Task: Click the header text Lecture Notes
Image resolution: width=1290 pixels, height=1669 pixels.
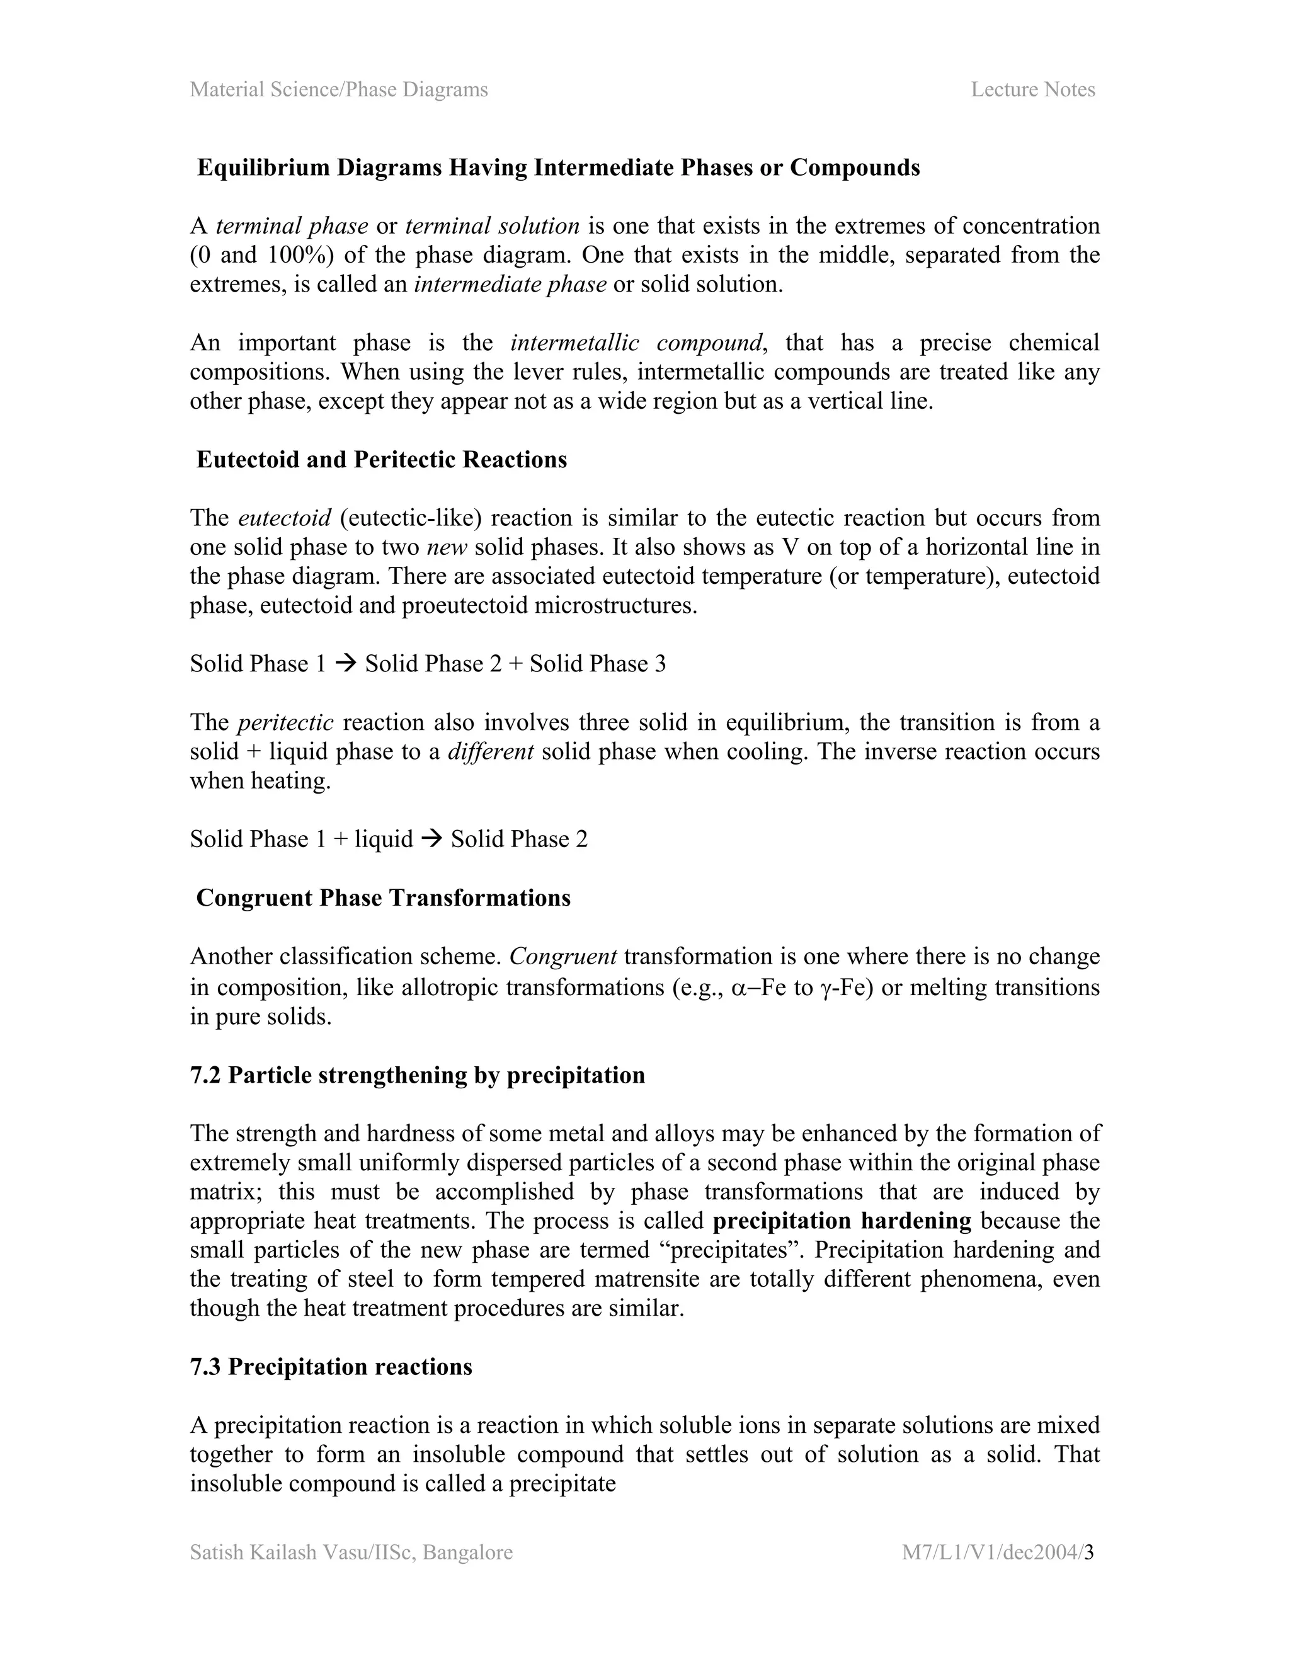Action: [x=1032, y=89]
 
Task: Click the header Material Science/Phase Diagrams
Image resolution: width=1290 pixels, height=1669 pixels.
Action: [x=338, y=89]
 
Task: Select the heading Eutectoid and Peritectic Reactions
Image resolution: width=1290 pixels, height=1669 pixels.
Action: [x=381, y=459]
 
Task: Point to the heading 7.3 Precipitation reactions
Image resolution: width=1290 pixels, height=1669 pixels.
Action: [x=331, y=1367]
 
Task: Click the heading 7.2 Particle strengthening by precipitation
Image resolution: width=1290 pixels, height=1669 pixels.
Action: [x=417, y=1074]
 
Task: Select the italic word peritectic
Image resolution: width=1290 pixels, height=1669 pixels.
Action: [x=285, y=722]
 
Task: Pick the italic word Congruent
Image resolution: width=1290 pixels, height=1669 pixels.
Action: [x=562, y=956]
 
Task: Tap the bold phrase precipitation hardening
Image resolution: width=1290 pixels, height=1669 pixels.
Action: [x=842, y=1221]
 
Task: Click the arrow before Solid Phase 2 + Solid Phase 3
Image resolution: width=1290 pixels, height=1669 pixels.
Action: [x=345, y=663]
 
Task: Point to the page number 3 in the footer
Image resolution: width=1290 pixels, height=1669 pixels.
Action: [x=1089, y=1552]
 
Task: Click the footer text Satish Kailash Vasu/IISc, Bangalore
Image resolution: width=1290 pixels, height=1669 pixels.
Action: [x=351, y=1552]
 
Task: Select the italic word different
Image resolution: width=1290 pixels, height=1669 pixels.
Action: [x=490, y=751]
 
